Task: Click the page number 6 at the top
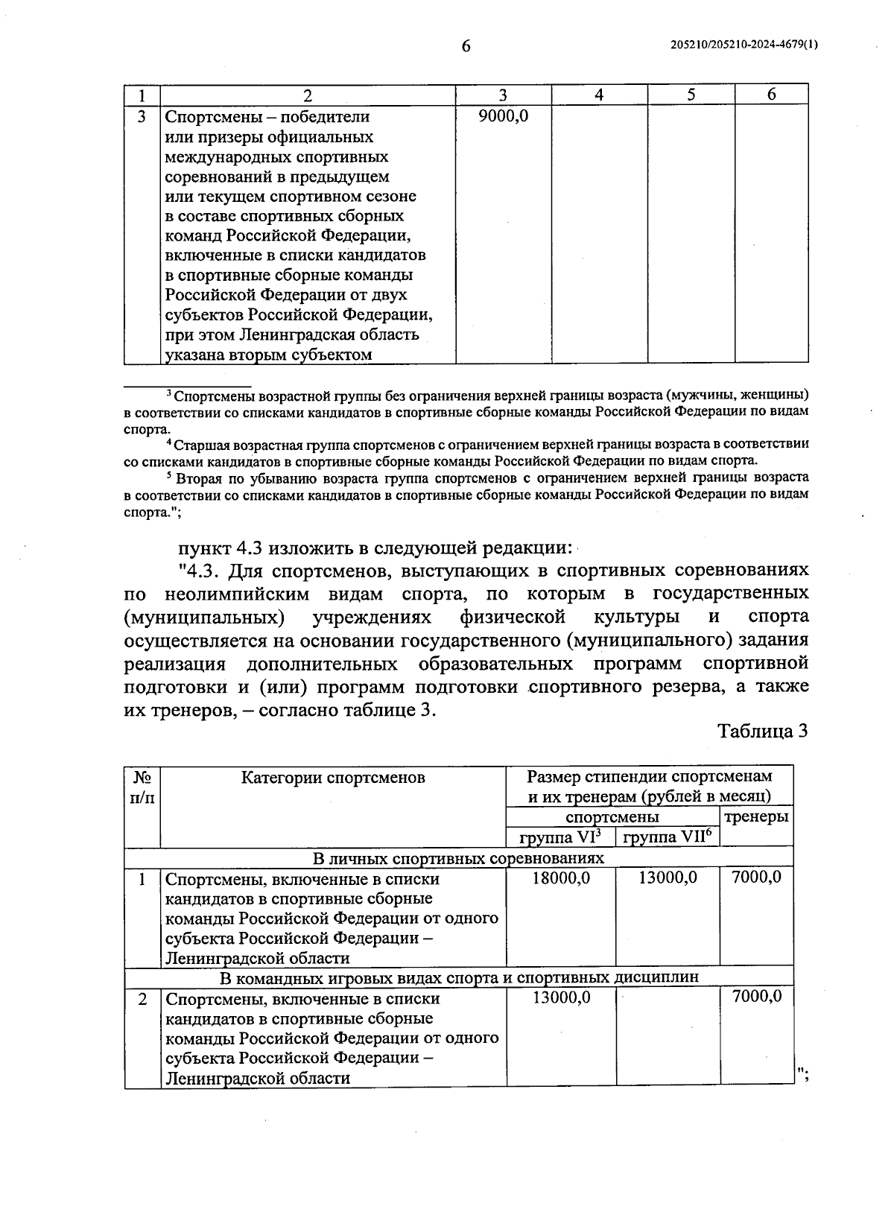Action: pos(466,46)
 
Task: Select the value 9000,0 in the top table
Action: pos(503,116)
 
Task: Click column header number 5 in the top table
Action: pos(691,95)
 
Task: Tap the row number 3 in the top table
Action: pos(142,117)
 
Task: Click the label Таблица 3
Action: pos(762,731)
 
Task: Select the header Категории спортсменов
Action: pos(333,778)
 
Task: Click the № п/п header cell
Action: pos(142,787)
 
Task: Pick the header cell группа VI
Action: pos(560,837)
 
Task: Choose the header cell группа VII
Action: pos(667,837)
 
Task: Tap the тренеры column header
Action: pos(756,816)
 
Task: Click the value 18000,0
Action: pos(561,878)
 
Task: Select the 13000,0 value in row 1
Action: pos(668,878)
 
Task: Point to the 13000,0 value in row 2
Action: pos(561,997)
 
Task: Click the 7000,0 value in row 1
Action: pos(756,878)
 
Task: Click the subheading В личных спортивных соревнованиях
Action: pos(458,858)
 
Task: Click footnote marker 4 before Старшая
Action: pos(169,444)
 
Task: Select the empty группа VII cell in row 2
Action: pos(667,1038)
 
